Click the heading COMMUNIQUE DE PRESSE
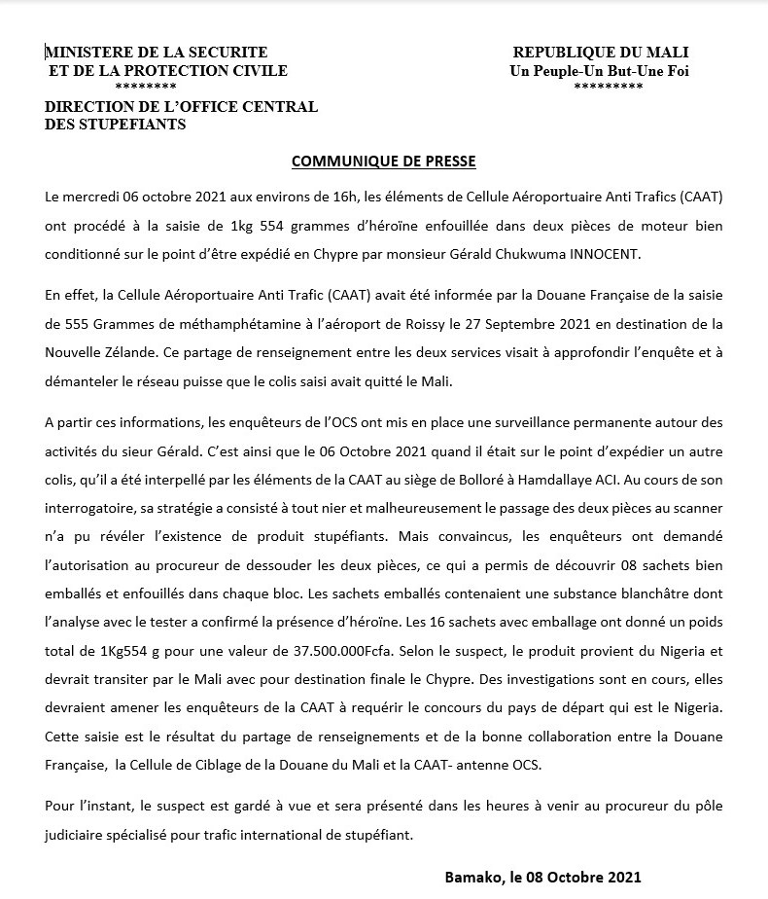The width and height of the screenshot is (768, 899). point(384,161)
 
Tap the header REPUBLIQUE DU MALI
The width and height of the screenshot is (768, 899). point(600,53)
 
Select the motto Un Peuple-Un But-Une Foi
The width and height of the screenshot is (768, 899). point(600,71)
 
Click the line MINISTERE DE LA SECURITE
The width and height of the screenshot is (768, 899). point(157,53)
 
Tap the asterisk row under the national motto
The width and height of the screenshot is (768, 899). point(608,88)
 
